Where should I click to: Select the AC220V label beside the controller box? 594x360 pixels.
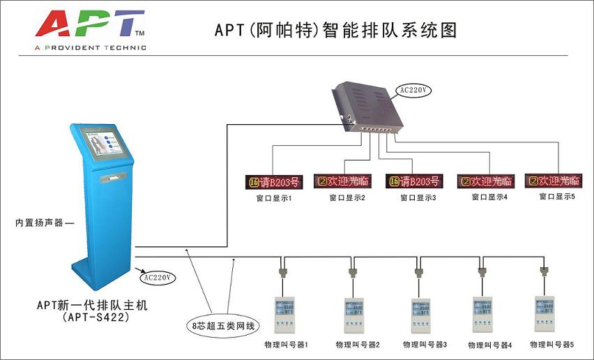point(413,90)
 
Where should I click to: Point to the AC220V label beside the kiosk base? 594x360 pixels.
point(158,277)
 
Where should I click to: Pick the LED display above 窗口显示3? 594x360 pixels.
point(414,182)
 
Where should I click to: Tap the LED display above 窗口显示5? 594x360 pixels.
point(554,180)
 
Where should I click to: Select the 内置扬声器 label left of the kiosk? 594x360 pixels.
point(43,223)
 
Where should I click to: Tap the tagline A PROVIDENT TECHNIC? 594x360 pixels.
point(90,47)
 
